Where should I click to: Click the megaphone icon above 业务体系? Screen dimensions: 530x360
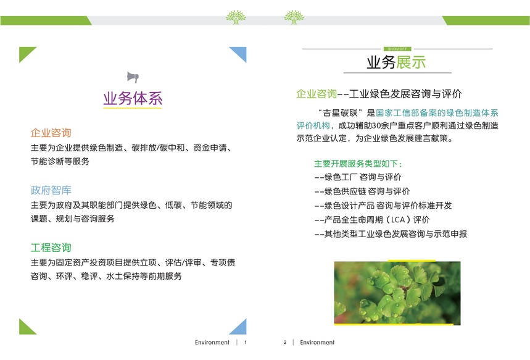pyautogui.click(x=133, y=77)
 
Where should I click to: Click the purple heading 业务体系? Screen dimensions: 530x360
pyautogui.click(x=133, y=98)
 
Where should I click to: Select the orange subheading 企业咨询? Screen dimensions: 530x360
pyautogui.click(x=51, y=133)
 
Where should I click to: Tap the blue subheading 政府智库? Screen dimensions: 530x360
pyautogui.click(x=51, y=190)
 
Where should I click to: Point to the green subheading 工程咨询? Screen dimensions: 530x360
pyautogui.click(x=51, y=248)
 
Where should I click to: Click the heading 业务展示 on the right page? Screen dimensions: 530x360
pyautogui.click(x=396, y=62)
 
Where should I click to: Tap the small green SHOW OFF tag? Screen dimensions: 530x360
pyautogui.click(x=397, y=49)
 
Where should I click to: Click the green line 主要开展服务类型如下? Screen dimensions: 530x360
pyautogui.click(x=358, y=164)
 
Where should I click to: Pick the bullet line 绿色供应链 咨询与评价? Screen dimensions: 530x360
pyautogui.click(x=362, y=191)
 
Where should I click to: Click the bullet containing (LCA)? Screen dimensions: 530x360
pyautogui.click(x=372, y=220)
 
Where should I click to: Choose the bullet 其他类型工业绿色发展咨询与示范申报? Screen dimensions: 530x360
pyautogui.click(x=391, y=234)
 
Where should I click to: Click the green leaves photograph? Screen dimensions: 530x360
pyautogui.click(x=397, y=293)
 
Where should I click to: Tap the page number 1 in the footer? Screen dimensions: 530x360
pyautogui.click(x=246, y=343)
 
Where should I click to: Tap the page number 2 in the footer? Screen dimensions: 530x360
pyautogui.click(x=285, y=343)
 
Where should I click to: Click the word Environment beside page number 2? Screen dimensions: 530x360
pyautogui.click(x=317, y=343)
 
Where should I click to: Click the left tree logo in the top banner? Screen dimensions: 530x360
pyautogui.click(x=236, y=17)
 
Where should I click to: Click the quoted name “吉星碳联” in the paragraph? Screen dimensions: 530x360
pyautogui.click(x=341, y=112)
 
